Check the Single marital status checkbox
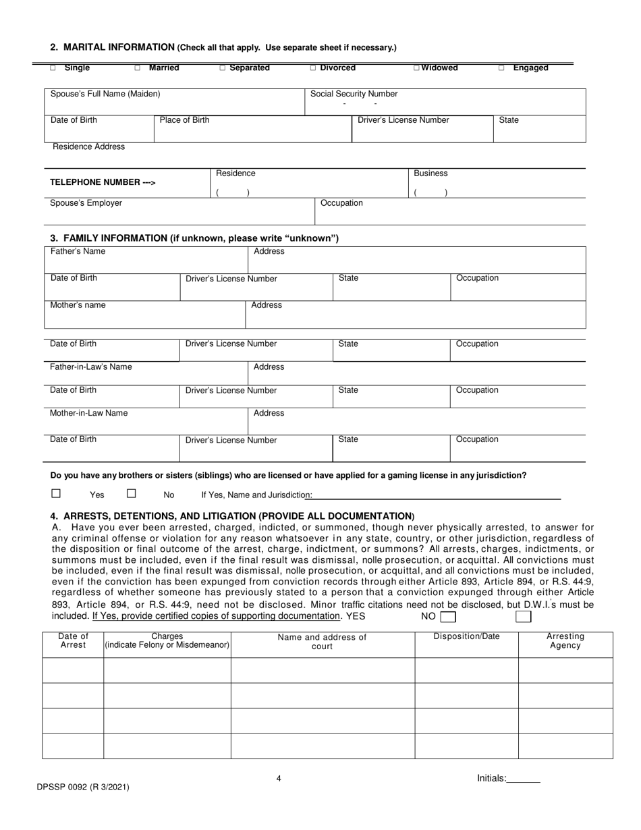point(53,68)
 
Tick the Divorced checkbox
point(312,68)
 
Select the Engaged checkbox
point(501,68)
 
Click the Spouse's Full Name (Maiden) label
point(105,94)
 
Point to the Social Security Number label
point(354,94)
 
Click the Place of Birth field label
point(184,120)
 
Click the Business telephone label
point(430,173)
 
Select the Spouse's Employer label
point(86,203)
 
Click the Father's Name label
point(78,252)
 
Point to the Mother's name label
point(78,305)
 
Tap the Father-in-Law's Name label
point(91,367)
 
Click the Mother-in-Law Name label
point(88,413)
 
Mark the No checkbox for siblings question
point(132,493)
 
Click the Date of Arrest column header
point(73,641)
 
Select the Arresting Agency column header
point(565,641)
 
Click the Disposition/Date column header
point(466,636)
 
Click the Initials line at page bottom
point(523,778)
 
